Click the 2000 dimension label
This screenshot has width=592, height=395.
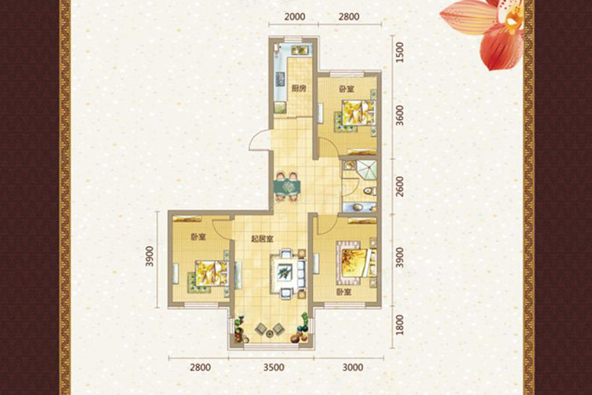(x=295, y=16)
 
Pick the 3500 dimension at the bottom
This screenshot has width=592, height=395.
(x=274, y=367)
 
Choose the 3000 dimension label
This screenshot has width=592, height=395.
(x=353, y=367)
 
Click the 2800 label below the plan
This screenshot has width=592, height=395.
(x=200, y=367)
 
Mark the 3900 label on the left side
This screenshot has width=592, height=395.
(x=150, y=256)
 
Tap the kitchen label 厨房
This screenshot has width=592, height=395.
(x=299, y=89)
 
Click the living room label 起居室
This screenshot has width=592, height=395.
(x=262, y=239)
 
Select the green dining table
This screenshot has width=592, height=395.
(x=287, y=186)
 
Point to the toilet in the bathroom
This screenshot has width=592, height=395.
(x=370, y=191)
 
